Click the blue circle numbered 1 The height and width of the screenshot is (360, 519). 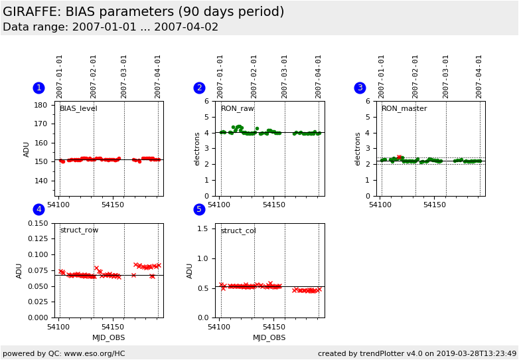point(39,88)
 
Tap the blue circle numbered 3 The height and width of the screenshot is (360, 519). point(360,88)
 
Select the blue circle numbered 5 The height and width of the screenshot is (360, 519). point(199,209)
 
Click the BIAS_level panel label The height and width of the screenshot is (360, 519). point(78,109)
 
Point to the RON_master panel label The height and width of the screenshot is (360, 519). point(404,109)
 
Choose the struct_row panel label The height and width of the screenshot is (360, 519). point(79,230)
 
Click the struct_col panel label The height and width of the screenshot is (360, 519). point(238,230)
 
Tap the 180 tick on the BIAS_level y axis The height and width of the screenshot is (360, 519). point(40,105)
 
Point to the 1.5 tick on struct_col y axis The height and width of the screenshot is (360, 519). point(202,228)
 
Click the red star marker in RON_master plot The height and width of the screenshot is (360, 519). point(399,157)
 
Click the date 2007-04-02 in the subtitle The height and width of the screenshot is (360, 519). point(186,27)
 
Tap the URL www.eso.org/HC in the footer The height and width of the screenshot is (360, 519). point(95,354)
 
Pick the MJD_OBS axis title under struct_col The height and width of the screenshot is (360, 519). point(269,338)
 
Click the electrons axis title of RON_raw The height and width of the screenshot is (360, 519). point(197,149)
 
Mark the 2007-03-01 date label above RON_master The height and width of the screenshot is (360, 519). point(445,77)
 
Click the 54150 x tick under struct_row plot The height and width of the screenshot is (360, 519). point(113,327)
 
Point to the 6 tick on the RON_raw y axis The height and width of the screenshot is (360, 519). point(207,101)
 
